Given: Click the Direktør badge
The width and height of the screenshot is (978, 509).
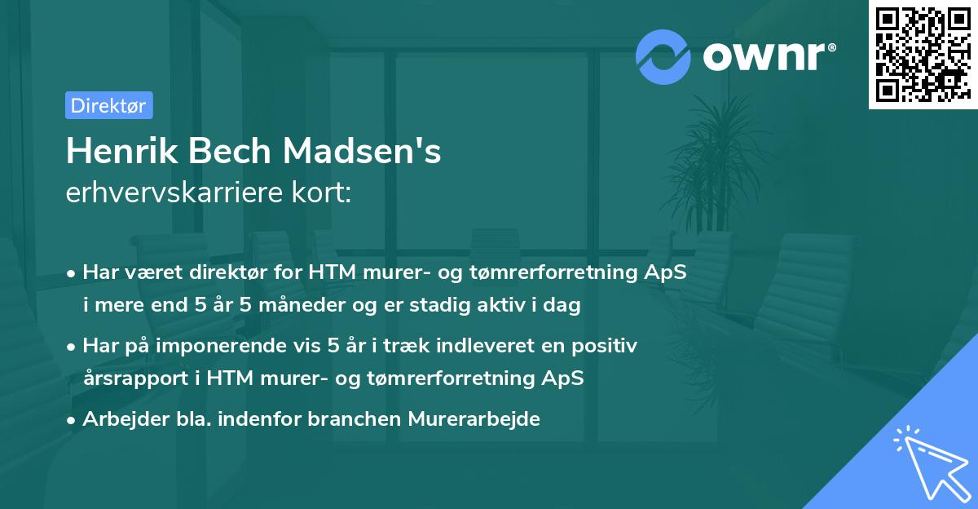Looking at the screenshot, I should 108,105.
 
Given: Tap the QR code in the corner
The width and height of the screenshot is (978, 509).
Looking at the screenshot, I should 922,55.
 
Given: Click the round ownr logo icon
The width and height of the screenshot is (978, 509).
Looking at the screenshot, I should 663,56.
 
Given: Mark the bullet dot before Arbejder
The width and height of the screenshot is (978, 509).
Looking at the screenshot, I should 73,419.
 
